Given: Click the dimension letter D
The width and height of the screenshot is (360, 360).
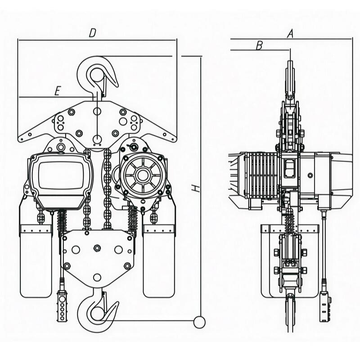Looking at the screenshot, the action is point(92,33).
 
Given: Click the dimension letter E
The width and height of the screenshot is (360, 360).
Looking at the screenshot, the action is point(58,91).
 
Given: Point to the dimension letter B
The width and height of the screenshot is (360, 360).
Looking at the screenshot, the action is point(259,46).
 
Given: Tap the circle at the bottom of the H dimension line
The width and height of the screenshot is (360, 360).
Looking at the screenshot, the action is point(199,322).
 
